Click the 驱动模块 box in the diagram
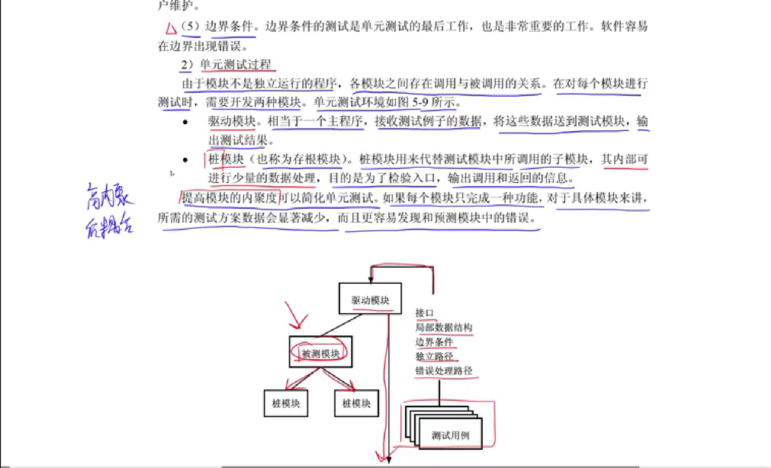pos(370,299)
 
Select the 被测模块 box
pos(321,352)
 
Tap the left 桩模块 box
pos(286,404)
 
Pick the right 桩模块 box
pos(356,404)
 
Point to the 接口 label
pos(424,313)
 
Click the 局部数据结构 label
pos(443,327)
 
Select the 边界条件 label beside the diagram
pos(434,342)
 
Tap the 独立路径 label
pos(434,356)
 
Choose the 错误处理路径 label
pos(443,371)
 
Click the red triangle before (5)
pos(171,29)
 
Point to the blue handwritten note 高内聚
pos(109,197)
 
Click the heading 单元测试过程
pos(235,65)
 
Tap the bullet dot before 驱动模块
pos(185,122)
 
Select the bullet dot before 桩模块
pos(185,160)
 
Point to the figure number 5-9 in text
pos(420,102)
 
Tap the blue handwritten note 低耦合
pos(109,226)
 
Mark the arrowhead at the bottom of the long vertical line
pos(388,459)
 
